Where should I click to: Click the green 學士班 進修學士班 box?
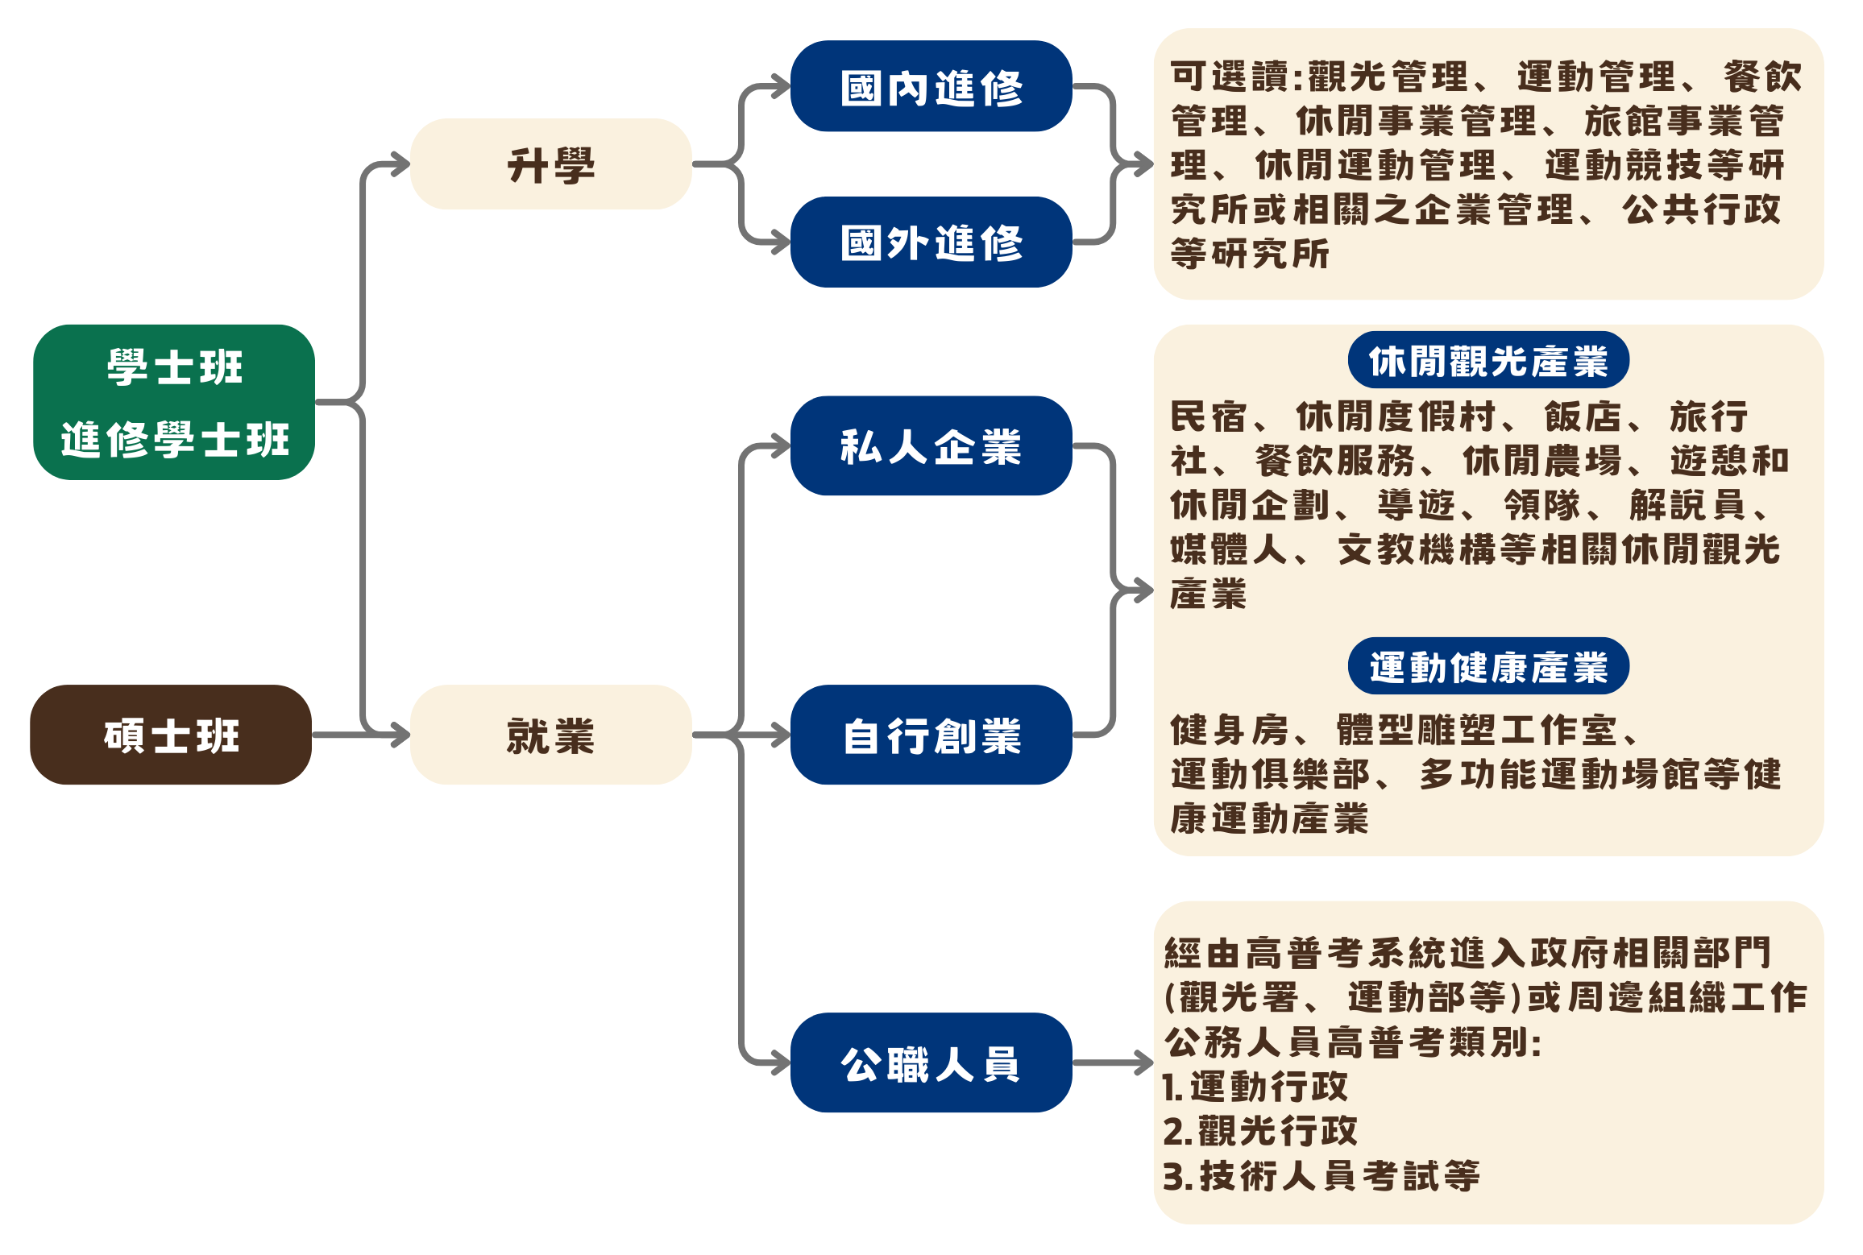tap(174, 403)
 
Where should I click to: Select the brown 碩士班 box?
tap(171, 735)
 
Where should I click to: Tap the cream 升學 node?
tap(551, 164)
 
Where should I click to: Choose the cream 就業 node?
tap(551, 735)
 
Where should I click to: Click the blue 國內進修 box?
tap(931, 86)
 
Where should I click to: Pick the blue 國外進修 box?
tap(931, 242)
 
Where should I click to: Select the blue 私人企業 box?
tap(931, 445)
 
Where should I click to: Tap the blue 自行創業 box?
tap(931, 735)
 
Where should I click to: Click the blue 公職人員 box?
tap(931, 1062)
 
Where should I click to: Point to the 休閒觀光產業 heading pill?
tap(1488, 360)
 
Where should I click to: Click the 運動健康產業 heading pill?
tap(1488, 666)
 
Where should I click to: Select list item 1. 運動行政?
tap(1255, 1087)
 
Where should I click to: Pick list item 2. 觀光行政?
tap(1260, 1131)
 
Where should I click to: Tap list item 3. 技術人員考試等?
tap(1322, 1175)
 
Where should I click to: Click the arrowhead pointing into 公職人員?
tap(780, 1063)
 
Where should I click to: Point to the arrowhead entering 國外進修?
tap(780, 242)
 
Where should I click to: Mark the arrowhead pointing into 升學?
tap(400, 165)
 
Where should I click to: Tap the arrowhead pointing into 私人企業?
tap(780, 445)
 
